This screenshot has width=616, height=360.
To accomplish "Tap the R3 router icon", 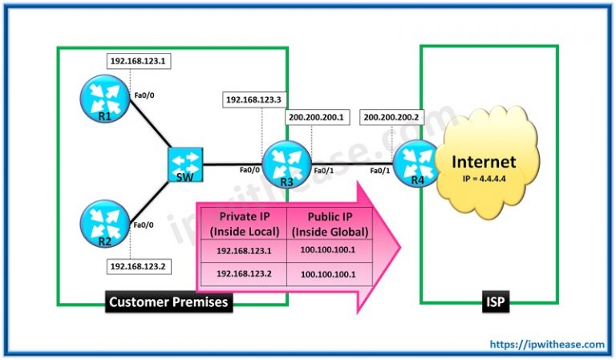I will pyautogui.click(x=286, y=164).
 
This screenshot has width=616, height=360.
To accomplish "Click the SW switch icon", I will pyautogui.click(x=183, y=164).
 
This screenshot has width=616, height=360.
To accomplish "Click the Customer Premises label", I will pyautogui.click(x=169, y=304).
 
